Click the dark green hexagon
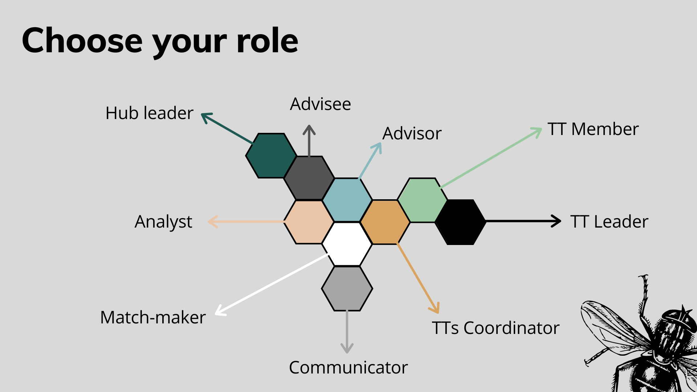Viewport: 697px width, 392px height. tap(271, 156)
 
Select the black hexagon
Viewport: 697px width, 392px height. tap(460, 222)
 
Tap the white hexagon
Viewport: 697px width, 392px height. tap(347, 244)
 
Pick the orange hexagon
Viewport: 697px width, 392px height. tap(385, 222)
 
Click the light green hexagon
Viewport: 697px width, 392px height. tap(423, 200)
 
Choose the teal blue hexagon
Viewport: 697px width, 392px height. tap(347, 200)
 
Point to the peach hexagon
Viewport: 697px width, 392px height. tap(309, 222)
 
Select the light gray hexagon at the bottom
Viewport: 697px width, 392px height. tap(347, 289)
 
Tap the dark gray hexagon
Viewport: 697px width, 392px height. tap(309, 178)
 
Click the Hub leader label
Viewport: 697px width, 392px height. tap(150, 113)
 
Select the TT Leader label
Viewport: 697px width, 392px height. tap(609, 221)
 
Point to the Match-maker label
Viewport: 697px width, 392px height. tap(153, 317)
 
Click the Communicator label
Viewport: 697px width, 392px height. tap(348, 367)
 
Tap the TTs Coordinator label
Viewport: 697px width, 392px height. tap(496, 328)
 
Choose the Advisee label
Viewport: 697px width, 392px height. tap(321, 104)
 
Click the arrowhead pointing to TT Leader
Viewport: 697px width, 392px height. tap(557, 221)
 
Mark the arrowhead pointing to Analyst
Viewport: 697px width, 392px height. tap(213, 221)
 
